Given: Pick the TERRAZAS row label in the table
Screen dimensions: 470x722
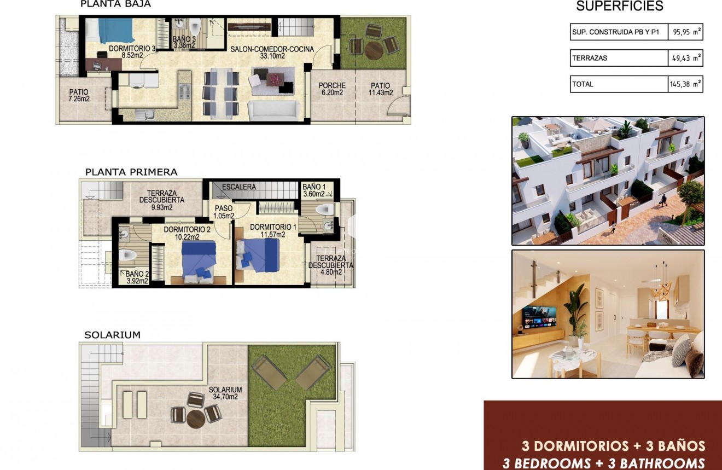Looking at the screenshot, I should [x=590, y=58].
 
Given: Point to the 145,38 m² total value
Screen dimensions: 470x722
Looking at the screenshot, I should [x=685, y=84].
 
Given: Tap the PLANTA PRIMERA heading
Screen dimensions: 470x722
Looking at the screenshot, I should [x=131, y=172].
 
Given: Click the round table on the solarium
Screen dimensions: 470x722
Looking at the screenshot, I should [x=196, y=419].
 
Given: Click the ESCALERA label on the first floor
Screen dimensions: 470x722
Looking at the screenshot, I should [x=238, y=187].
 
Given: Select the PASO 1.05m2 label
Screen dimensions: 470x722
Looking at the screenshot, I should [x=224, y=212].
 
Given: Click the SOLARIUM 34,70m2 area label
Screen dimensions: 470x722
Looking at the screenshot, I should [x=225, y=393].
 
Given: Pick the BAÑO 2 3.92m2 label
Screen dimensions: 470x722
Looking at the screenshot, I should [x=137, y=277].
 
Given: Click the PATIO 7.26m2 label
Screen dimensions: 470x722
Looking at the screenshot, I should [x=79, y=96].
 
